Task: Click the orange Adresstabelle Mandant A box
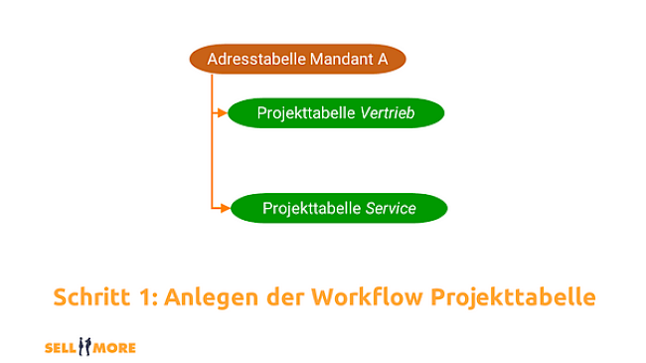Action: [297, 60]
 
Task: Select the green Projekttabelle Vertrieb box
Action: [336, 113]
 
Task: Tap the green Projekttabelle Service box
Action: [339, 208]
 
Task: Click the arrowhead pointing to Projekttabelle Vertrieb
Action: [224, 113]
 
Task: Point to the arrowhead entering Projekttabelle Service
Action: [226, 208]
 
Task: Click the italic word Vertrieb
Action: [388, 113]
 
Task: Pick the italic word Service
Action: [391, 208]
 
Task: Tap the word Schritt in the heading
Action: [94, 297]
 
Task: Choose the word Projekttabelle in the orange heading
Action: [513, 297]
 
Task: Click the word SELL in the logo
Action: [62, 348]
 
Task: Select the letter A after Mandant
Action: [382, 60]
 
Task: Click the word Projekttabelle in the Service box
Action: [312, 208]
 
